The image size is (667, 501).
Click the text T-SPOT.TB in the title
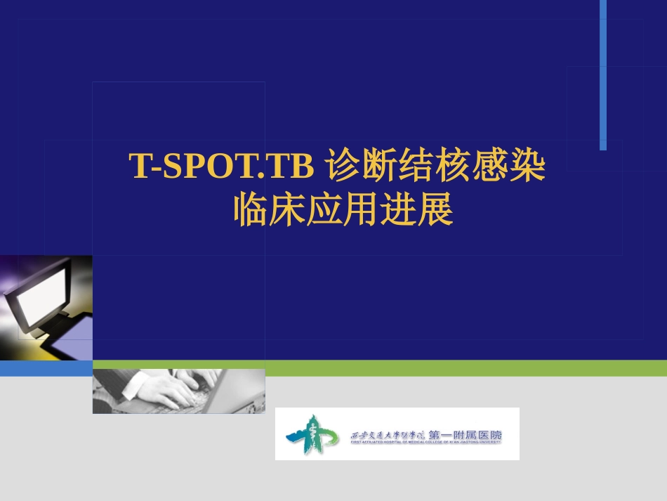pos(222,167)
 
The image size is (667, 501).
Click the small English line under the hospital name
pos(425,443)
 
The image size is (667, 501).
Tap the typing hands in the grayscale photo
pos(176,386)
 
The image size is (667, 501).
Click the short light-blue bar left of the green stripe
pos(46,368)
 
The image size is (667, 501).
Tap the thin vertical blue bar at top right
pos(603,74)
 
